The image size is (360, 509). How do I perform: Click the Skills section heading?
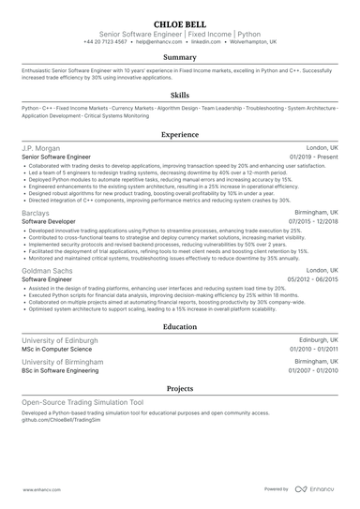(x=179, y=96)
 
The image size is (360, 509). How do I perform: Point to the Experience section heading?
(x=179, y=135)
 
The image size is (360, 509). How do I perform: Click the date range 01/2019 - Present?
(x=315, y=157)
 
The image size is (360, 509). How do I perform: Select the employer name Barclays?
(x=37, y=212)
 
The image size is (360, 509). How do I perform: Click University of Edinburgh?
(x=62, y=342)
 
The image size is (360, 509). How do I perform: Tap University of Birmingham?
(x=65, y=362)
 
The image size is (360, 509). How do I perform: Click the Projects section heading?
(x=179, y=387)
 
